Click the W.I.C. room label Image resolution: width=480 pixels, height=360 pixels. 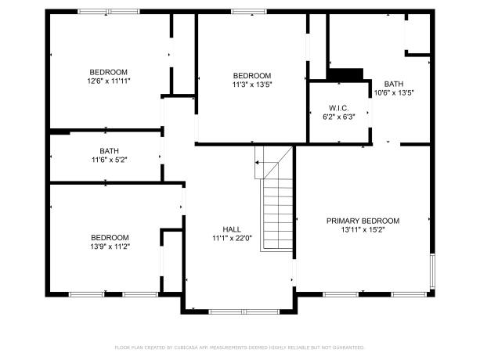coord(338,108)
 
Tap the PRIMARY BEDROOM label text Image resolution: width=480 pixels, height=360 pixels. coord(363,221)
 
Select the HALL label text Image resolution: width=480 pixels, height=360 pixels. coord(231,229)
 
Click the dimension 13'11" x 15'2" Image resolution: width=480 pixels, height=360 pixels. coord(363,230)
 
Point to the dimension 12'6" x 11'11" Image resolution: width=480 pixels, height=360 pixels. coord(109,80)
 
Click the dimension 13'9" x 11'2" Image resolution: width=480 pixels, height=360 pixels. coord(109,246)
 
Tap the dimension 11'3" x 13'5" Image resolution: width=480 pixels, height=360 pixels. coord(251,84)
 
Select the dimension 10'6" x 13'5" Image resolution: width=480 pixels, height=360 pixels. coord(394,92)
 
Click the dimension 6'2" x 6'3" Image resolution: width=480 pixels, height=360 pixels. coord(338,117)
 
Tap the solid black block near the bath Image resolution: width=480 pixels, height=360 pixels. coord(345,74)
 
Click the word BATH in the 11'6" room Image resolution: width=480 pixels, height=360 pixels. coord(109,151)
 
